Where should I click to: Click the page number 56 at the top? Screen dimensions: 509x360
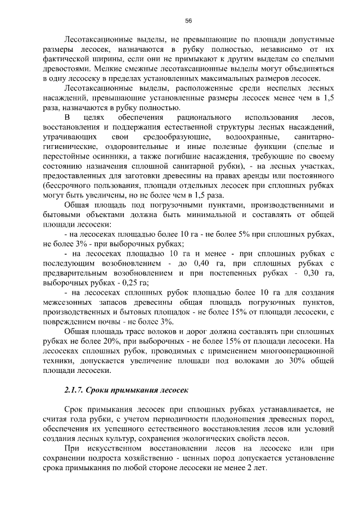coord(188,21)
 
